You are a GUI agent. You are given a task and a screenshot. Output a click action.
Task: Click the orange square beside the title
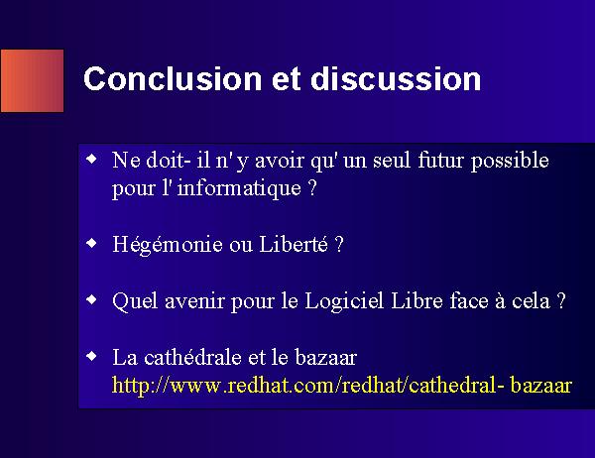pyautogui.click(x=33, y=81)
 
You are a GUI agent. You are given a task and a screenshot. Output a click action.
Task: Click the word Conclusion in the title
pyautogui.click(x=173, y=78)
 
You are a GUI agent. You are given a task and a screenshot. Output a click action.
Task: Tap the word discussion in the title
pyautogui.click(x=396, y=78)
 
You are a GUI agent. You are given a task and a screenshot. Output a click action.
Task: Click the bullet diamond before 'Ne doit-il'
pyautogui.click(x=92, y=159)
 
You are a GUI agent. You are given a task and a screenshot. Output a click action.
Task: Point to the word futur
pyautogui.click(x=440, y=160)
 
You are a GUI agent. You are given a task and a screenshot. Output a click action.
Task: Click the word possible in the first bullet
pyautogui.click(x=510, y=162)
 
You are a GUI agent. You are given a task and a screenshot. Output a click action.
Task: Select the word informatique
pyautogui.click(x=239, y=188)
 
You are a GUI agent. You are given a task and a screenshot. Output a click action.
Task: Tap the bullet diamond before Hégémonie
pyautogui.click(x=92, y=243)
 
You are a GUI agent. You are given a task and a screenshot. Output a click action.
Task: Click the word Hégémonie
pyautogui.click(x=168, y=245)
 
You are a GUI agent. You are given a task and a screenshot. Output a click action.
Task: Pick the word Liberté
pyautogui.click(x=294, y=244)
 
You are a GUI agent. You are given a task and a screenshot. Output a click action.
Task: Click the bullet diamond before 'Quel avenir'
pyautogui.click(x=92, y=299)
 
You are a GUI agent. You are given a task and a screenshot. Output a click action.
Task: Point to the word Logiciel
pyautogui.click(x=344, y=302)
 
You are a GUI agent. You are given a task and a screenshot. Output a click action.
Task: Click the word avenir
pyautogui.click(x=194, y=301)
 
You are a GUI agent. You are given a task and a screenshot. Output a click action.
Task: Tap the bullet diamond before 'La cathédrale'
pyautogui.click(x=92, y=356)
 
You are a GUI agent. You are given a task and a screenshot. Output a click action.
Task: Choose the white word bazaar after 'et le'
pyautogui.click(x=325, y=358)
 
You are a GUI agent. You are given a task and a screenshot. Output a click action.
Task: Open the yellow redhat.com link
pyautogui.click(x=342, y=386)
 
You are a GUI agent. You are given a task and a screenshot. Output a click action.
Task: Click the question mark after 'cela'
pyautogui.click(x=561, y=301)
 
